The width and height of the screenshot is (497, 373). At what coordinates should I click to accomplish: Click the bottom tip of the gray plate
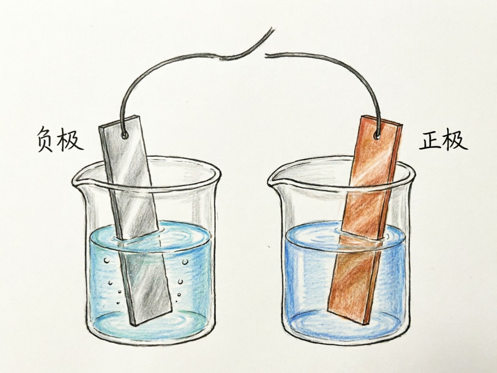[135, 326]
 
